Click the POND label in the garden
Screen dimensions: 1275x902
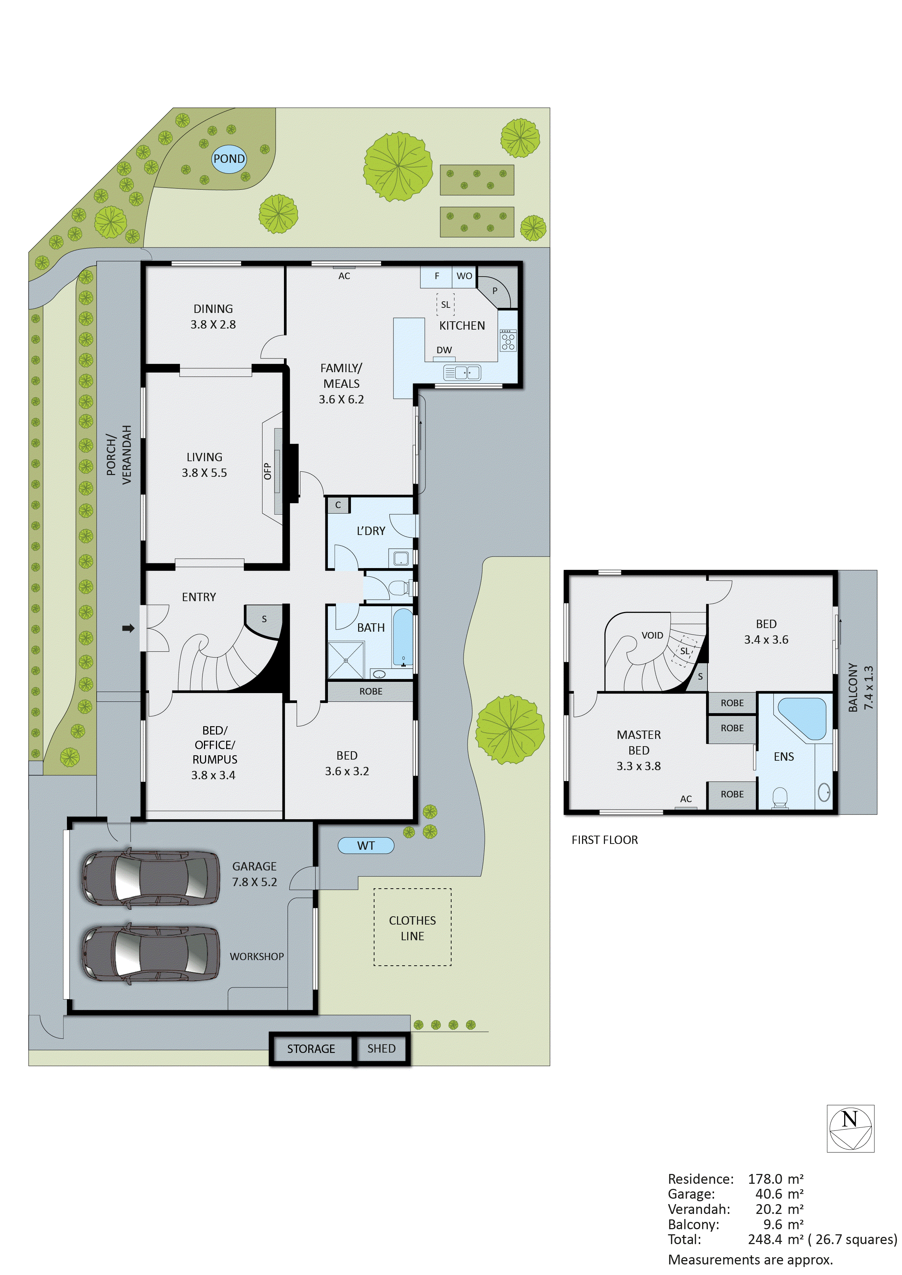coord(229,159)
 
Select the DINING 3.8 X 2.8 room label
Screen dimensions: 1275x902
coord(213,317)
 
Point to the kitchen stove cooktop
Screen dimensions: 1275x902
coord(508,340)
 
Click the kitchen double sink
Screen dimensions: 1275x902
coord(462,372)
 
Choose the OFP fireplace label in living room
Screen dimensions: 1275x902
coord(267,471)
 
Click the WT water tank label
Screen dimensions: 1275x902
coord(366,845)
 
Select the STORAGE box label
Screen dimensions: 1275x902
coord(311,1049)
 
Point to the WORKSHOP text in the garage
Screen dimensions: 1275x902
coord(257,956)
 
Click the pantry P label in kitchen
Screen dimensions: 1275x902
coord(495,290)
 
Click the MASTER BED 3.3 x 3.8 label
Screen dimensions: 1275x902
coord(639,750)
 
